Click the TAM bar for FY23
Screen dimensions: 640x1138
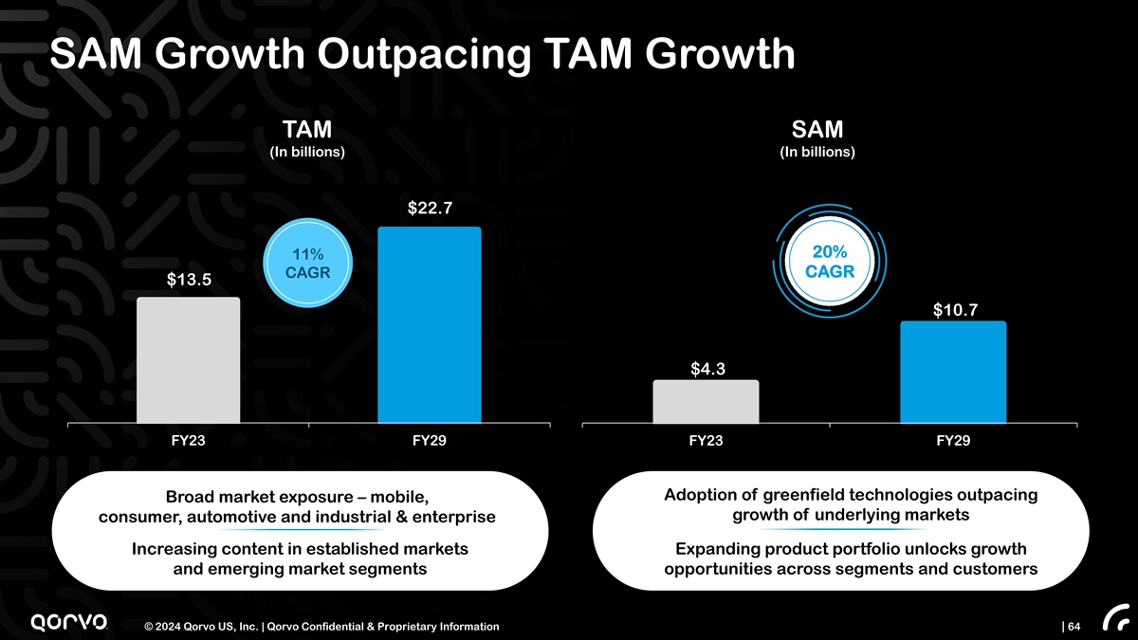point(188,360)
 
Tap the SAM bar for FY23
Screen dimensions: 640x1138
point(706,401)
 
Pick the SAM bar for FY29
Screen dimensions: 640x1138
point(953,372)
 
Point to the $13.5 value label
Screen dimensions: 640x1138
point(189,279)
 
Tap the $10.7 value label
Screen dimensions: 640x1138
point(954,308)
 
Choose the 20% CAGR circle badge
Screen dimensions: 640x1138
point(830,261)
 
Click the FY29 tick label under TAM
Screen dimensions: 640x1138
point(430,441)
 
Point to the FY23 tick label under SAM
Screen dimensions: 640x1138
point(707,441)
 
